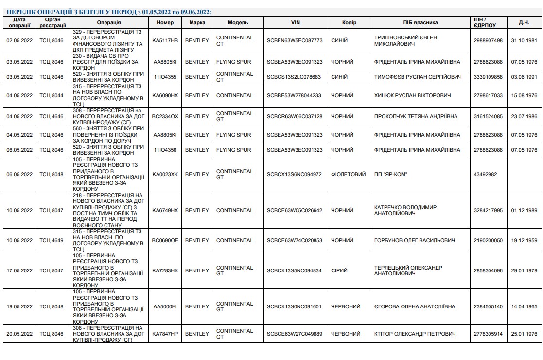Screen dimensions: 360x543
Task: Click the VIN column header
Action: (x=295, y=22)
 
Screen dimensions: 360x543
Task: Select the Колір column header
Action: (x=349, y=22)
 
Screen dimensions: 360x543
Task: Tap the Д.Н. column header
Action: (x=524, y=22)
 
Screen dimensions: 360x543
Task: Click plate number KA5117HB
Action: (x=165, y=40)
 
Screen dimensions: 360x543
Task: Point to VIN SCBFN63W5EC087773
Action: (x=295, y=40)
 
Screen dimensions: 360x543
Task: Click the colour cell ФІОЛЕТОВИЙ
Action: (x=348, y=174)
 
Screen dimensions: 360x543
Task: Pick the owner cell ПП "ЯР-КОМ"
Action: (x=391, y=174)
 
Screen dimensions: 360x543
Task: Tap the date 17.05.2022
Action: (x=19, y=270)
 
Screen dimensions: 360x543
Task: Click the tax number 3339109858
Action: (x=488, y=77)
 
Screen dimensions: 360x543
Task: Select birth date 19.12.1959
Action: (x=524, y=240)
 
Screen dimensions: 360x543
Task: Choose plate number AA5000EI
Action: (x=165, y=306)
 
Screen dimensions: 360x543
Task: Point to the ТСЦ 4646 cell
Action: (x=52, y=117)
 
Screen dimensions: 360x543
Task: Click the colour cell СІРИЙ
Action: (x=339, y=270)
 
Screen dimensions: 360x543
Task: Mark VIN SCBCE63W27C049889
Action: (x=295, y=334)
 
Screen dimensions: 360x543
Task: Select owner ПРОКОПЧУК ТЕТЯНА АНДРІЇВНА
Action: (x=416, y=117)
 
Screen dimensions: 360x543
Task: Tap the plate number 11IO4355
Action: (x=165, y=77)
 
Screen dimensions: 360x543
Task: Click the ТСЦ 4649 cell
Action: (x=52, y=240)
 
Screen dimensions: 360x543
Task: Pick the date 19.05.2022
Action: (x=19, y=306)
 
